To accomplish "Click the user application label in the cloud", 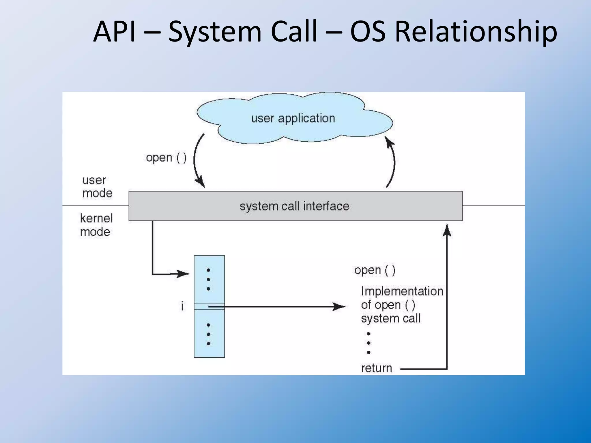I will pyautogui.click(x=293, y=118).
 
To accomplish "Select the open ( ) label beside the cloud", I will pyautogui.click(x=166, y=158).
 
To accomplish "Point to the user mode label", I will pyautogui.click(x=97, y=187).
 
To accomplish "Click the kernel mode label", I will pyautogui.click(x=96, y=225).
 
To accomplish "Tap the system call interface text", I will pyautogui.click(x=294, y=206).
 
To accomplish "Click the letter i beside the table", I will pyautogui.click(x=182, y=306).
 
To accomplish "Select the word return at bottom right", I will pyautogui.click(x=376, y=368).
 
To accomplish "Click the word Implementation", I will pyautogui.click(x=402, y=291).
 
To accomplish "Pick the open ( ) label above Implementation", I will pyautogui.click(x=375, y=270).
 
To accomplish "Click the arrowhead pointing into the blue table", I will pyautogui.click(x=184, y=274).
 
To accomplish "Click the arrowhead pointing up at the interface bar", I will pyautogui.click(x=447, y=230).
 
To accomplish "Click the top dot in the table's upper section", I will pyautogui.click(x=208, y=270).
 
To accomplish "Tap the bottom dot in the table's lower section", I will pyautogui.click(x=208, y=344).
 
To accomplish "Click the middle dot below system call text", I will pyautogui.click(x=369, y=343).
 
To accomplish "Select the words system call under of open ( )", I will pyautogui.click(x=391, y=318).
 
